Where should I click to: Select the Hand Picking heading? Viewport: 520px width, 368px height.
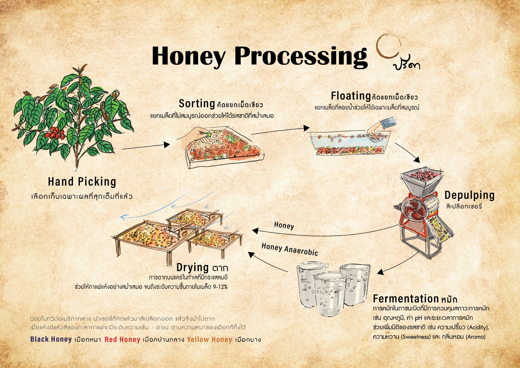[82, 182]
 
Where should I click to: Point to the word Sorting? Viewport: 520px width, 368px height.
[197, 104]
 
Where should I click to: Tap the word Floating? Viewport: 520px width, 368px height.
[351, 96]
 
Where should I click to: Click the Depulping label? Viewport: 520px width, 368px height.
[469, 195]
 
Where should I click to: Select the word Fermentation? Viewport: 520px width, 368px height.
[406, 299]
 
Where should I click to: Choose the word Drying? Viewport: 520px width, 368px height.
[192, 268]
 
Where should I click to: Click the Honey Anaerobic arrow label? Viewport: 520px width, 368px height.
[290, 249]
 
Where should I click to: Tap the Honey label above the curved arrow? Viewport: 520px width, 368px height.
[284, 225]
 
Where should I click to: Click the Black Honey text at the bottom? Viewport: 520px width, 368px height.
[51, 339]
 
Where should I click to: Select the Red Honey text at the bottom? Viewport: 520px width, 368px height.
[122, 340]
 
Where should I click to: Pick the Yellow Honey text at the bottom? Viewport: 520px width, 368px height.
[209, 340]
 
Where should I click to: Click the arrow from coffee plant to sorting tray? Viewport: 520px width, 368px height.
[146, 147]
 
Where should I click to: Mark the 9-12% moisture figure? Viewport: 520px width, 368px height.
[220, 287]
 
